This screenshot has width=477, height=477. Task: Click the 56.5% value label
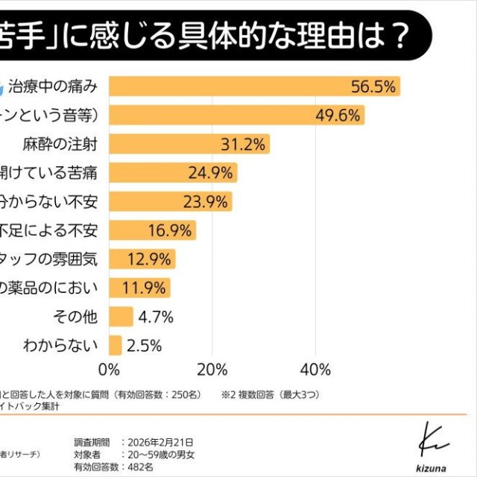[373, 87]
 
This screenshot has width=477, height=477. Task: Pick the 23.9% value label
[205, 202]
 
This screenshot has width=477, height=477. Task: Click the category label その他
[75, 317]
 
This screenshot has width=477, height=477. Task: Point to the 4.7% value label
[156, 317]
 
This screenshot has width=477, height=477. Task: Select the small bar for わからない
[116, 345]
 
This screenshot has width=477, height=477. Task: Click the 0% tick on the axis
[110, 370]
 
